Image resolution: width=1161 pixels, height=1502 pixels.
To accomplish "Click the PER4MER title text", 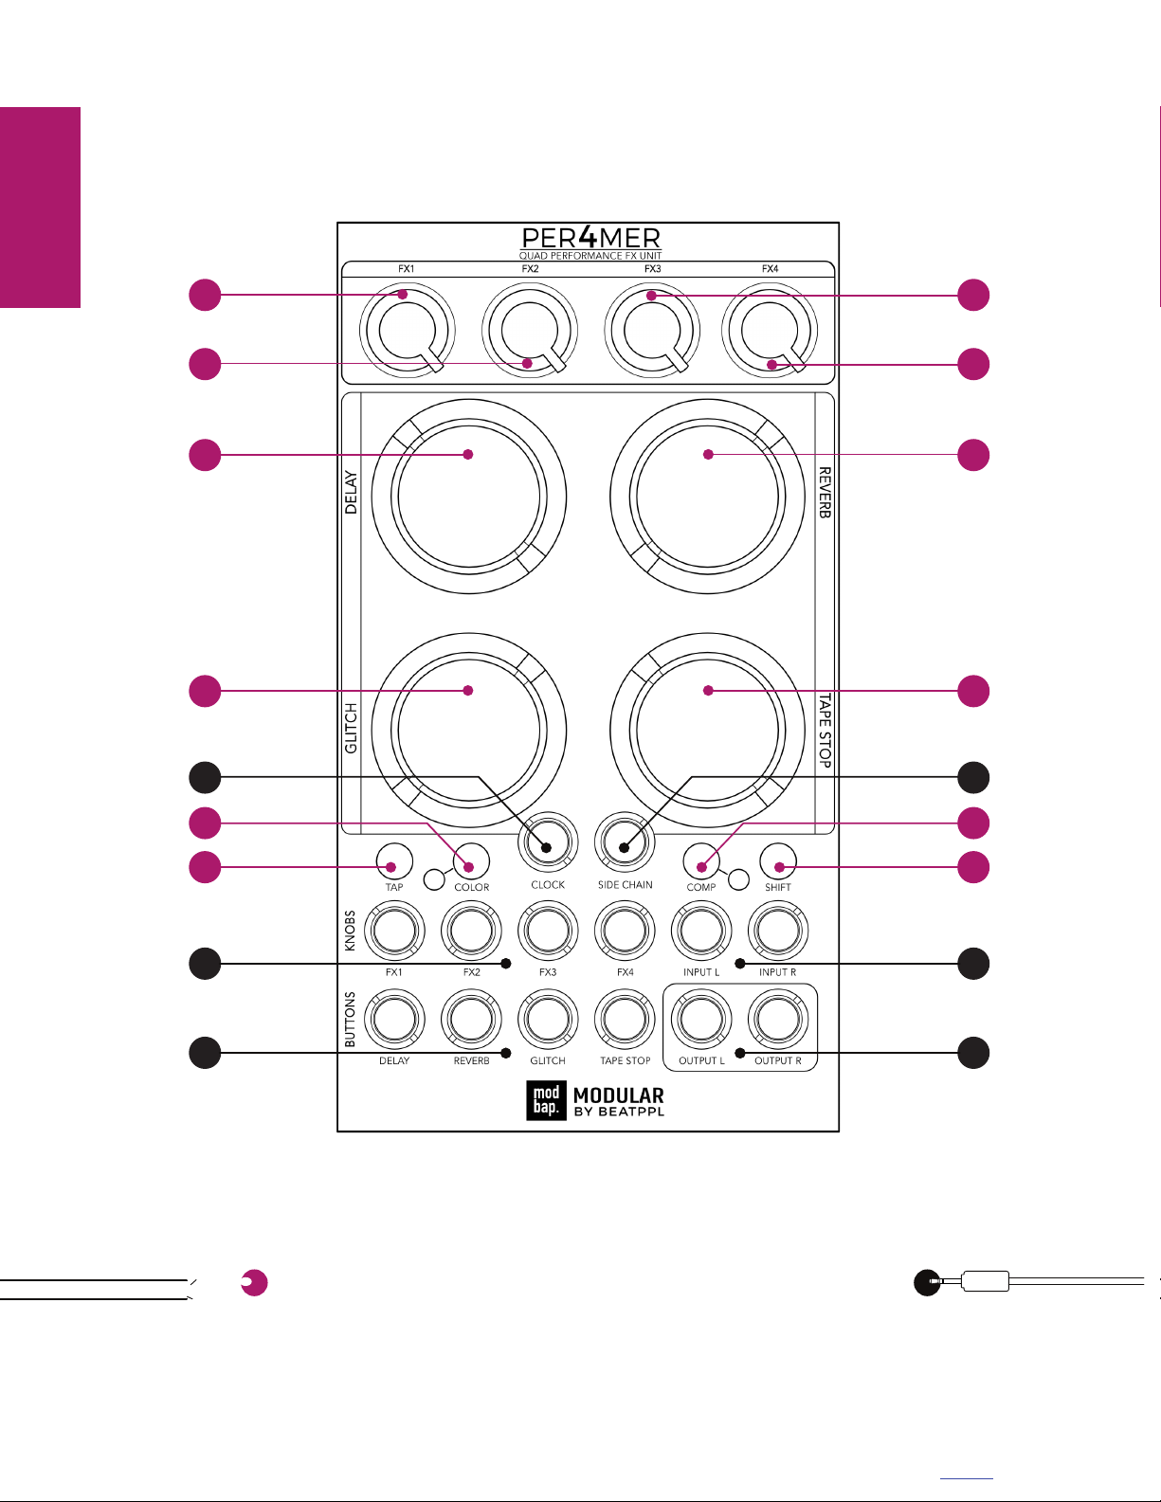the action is click(590, 238).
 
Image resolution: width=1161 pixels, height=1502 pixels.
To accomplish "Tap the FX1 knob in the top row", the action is click(407, 331).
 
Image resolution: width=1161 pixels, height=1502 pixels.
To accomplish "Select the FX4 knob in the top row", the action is click(770, 331).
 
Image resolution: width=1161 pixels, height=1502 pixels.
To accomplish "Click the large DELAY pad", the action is click(468, 497).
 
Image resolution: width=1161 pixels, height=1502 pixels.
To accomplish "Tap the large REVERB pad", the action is click(707, 497).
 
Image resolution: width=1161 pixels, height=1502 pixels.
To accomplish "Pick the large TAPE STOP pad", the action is click(707, 730).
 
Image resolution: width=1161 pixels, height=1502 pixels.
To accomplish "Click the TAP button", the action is click(394, 861).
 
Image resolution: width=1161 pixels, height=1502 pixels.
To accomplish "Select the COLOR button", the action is click(471, 861).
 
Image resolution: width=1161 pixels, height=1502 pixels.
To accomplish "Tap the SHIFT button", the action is click(777, 861).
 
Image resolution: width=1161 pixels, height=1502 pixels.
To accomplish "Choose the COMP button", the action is click(700, 861).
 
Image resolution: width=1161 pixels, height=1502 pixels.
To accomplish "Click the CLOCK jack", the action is click(548, 841).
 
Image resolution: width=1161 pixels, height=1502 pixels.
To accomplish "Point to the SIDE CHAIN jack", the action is click(625, 841).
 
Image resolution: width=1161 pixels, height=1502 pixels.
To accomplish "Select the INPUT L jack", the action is click(701, 931).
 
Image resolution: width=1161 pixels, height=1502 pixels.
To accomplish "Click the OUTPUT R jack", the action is click(777, 1019).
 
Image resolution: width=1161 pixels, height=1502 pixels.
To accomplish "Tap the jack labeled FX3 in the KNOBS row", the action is click(548, 931).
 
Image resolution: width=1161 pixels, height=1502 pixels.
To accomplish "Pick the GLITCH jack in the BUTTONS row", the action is click(548, 1019).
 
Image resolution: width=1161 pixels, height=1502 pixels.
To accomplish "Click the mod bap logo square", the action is click(546, 1100).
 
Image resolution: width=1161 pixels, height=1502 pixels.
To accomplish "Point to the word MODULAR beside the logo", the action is click(619, 1095).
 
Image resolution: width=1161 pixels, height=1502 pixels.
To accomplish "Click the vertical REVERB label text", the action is click(825, 492).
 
